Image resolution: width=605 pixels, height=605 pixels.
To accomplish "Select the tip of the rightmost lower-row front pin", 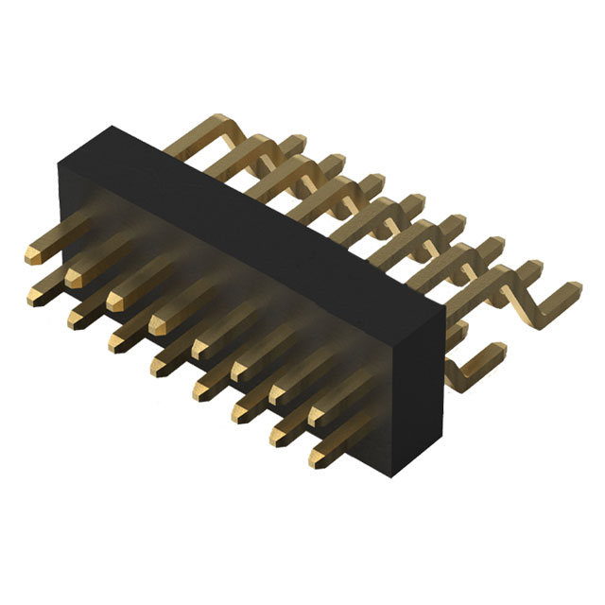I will (316, 460).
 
